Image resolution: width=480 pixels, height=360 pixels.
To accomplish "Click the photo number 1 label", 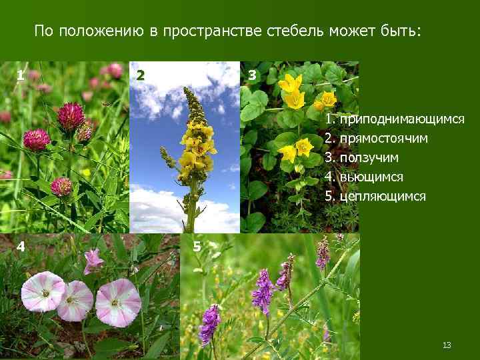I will click(21, 75).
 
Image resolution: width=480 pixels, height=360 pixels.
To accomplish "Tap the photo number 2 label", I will click(140, 75).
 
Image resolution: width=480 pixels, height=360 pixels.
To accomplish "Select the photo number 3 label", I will click(252, 75).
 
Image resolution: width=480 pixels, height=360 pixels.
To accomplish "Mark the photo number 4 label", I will click(21, 247).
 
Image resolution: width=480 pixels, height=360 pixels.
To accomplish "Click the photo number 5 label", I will click(197, 247).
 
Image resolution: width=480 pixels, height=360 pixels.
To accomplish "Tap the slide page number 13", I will click(447, 345).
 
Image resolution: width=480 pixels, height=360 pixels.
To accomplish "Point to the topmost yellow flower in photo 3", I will click(290, 85).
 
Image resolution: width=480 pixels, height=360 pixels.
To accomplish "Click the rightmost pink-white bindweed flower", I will click(118, 302).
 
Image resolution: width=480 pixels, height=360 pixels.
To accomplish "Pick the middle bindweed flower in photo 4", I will click(75, 301).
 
